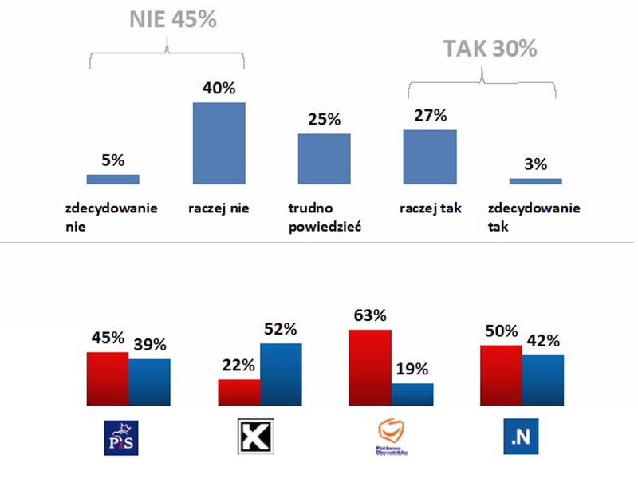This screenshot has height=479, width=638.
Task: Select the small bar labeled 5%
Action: click(x=113, y=179)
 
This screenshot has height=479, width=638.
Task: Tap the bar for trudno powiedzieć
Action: click(x=324, y=158)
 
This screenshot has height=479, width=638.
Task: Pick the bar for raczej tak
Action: click(x=430, y=156)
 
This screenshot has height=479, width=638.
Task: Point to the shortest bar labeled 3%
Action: click(x=535, y=181)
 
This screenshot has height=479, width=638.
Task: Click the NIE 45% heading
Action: click(x=173, y=20)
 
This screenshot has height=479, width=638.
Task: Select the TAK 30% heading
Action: click(x=490, y=49)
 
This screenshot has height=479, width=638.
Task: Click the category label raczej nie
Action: click(x=219, y=209)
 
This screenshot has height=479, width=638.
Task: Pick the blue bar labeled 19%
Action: click(x=412, y=394)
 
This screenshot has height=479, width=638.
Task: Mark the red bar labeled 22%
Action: click(x=239, y=393)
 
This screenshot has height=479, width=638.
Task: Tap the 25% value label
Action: click(x=324, y=120)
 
